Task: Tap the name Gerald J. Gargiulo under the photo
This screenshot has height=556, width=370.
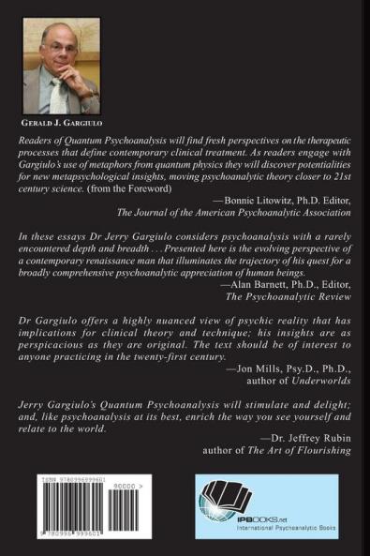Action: point(63,122)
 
